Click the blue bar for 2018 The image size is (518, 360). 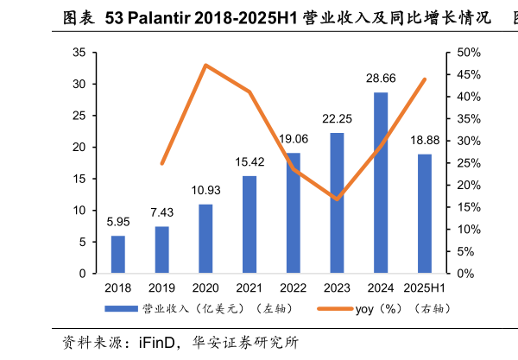click(117, 255)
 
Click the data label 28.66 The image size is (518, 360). click(381, 79)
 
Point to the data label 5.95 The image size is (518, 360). click(117, 222)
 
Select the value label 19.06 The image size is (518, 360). click(294, 139)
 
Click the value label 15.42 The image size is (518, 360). click(250, 162)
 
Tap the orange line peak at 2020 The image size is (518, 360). click(205, 66)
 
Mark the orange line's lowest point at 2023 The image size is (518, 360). click(337, 199)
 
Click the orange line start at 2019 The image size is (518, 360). click(161, 163)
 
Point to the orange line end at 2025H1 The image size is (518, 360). click(425, 79)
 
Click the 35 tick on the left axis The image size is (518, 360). click(79, 53)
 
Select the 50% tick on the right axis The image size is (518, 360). click(469, 53)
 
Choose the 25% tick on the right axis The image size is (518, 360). click(469, 163)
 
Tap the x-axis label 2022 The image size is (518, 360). click(294, 287)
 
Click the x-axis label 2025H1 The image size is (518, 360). click(425, 287)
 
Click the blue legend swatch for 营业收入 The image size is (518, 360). click(121, 308)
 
